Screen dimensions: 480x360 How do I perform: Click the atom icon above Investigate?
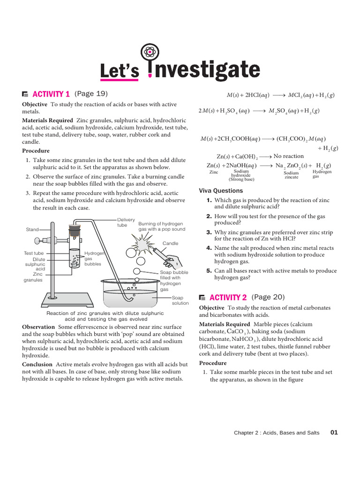[x=150, y=52]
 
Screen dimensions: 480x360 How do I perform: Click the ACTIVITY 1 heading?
[x=51, y=94]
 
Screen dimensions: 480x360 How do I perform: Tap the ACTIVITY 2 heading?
[x=228, y=297]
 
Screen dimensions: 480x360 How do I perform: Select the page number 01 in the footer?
[x=334, y=433]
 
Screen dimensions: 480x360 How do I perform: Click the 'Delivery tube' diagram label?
[x=126, y=222]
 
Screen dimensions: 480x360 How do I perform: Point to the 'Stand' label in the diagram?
[x=32, y=230]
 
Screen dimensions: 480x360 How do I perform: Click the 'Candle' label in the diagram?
[x=170, y=243]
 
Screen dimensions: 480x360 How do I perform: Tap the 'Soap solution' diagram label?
[x=180, y=300]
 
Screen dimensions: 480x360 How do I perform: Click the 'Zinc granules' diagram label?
[x=33, y=277]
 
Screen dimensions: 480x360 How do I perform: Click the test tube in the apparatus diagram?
[x=74, y=253]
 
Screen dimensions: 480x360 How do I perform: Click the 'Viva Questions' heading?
[x=221, y=191]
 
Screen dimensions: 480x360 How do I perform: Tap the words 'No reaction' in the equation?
[x=288, y=156]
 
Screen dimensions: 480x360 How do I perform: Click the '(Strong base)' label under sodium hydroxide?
[x=241, y=179]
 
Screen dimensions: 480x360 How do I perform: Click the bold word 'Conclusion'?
[x=37, y=364]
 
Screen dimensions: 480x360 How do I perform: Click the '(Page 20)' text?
[x=268, y=297]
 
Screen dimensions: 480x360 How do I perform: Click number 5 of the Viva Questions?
[x=209, y=270]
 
